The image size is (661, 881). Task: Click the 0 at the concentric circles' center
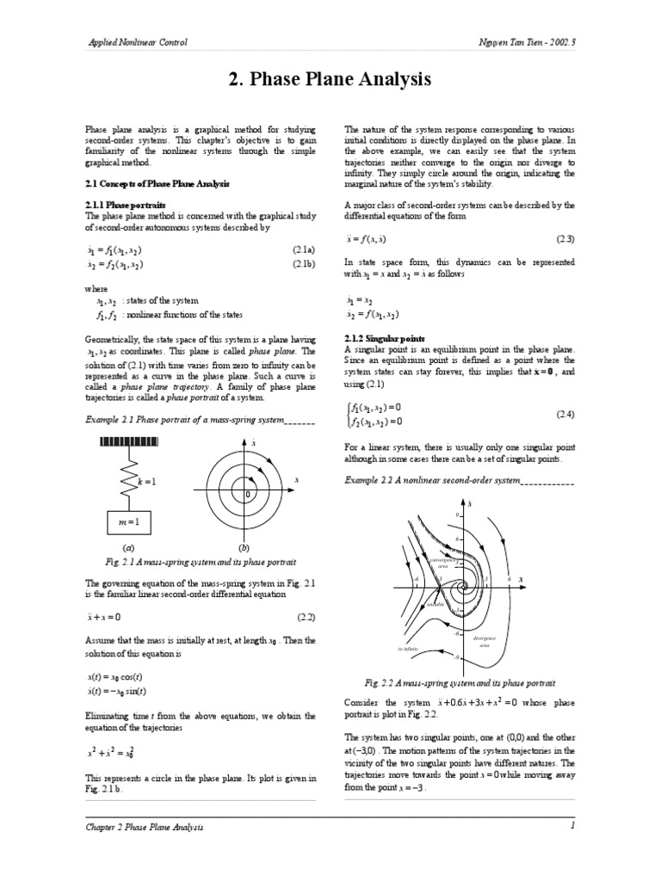(247, 496)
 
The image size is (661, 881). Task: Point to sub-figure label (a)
(128, 547)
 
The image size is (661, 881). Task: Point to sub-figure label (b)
(244, 547)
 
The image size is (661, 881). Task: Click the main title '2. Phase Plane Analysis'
(330, 81)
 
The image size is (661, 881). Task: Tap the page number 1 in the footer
(571, 826)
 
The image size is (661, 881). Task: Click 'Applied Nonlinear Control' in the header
(138, 42)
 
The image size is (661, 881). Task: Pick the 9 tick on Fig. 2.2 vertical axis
(458, 514)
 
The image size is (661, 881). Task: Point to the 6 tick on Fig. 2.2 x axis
(509, 580)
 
